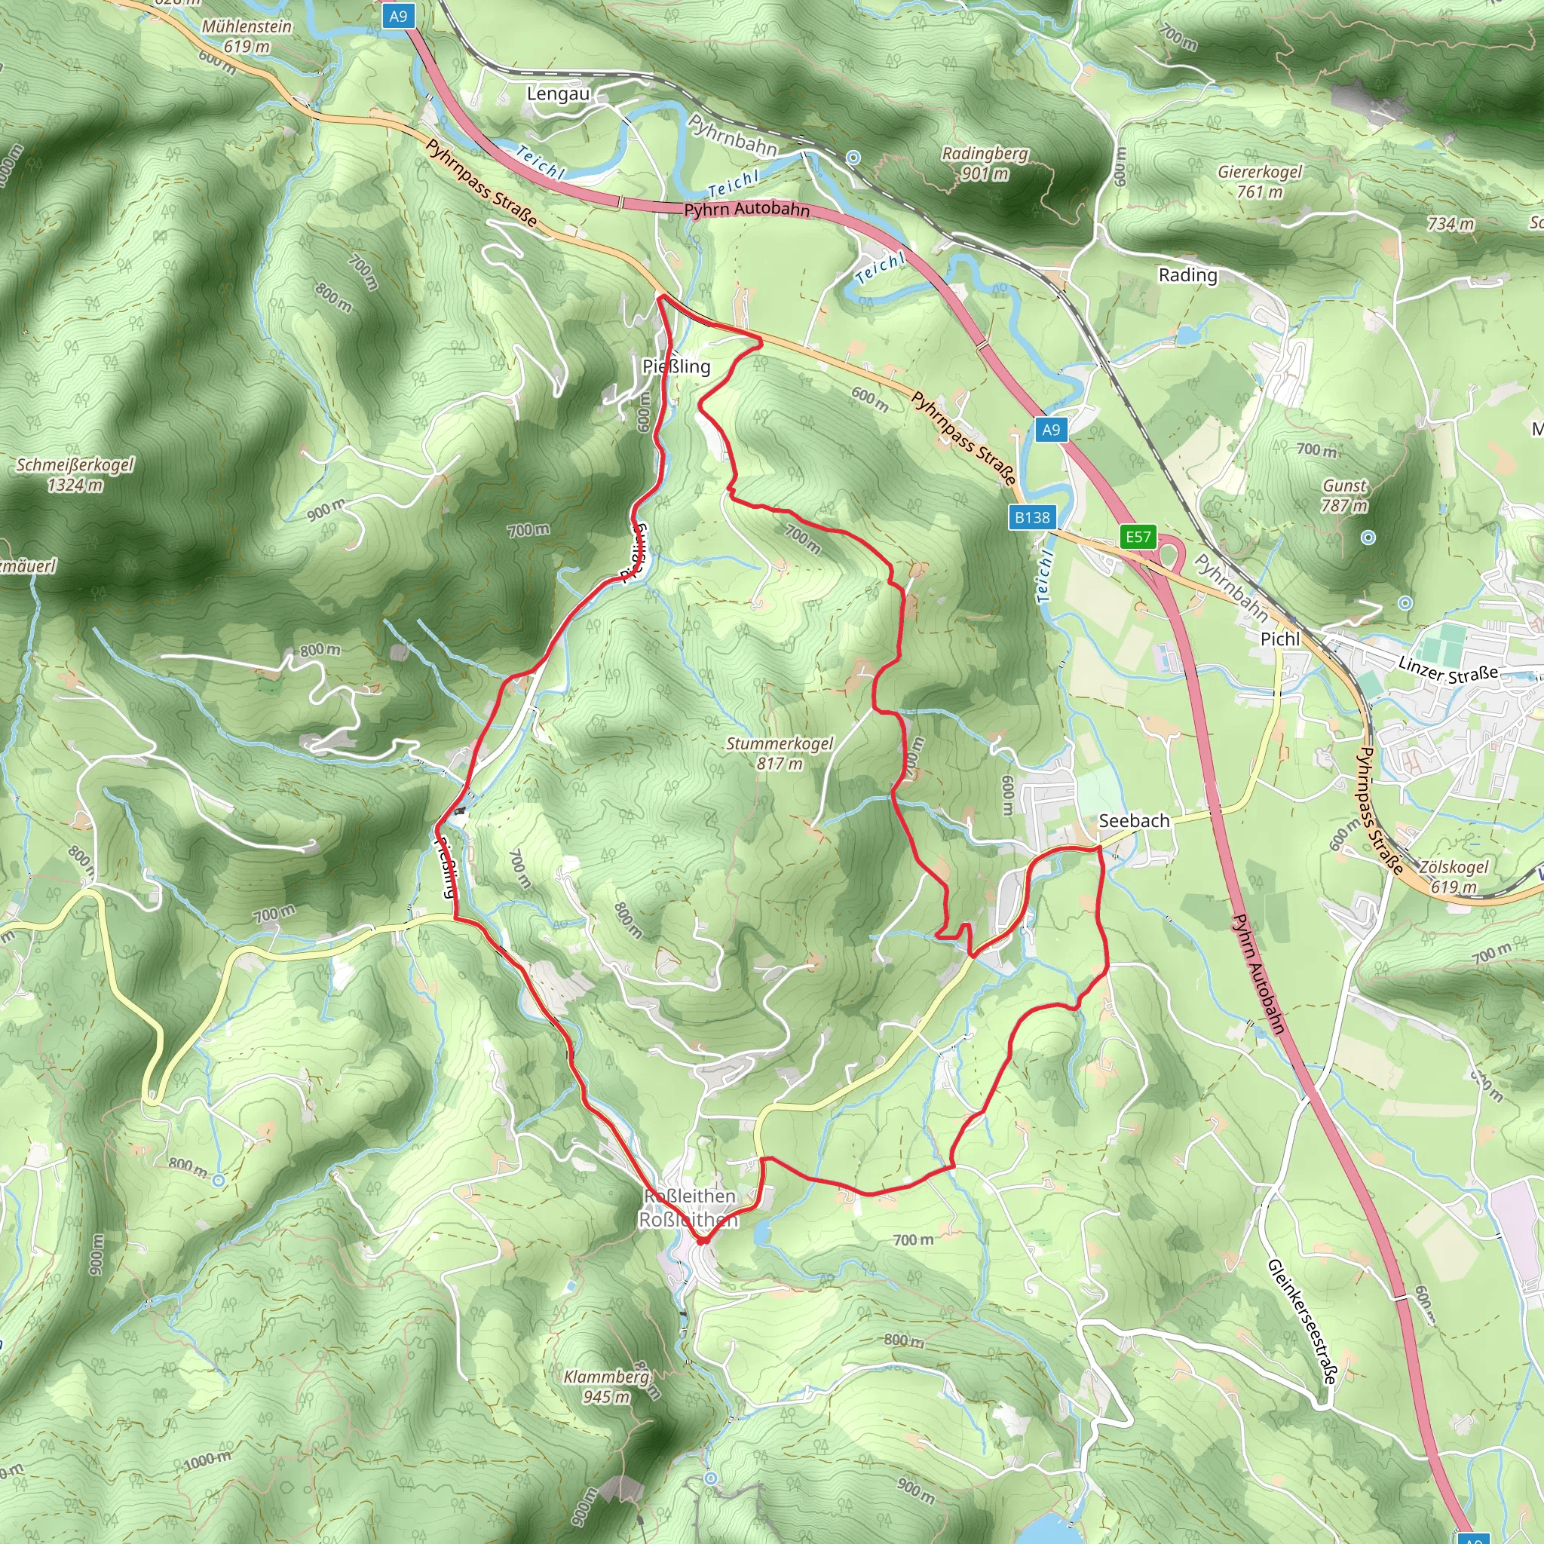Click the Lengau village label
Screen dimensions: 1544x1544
[558, 93]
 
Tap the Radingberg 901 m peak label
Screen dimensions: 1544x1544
[985, 163]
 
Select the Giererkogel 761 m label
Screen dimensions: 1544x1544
[1260, 182]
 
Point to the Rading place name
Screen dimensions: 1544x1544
[1187, 275]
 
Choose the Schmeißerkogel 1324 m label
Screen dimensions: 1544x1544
[75, 475]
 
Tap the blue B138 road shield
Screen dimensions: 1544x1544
[1032, 517]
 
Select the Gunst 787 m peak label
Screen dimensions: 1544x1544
[1344, 495]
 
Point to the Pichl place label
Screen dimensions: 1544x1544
[1279, 639]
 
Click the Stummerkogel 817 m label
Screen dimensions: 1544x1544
[780, 753]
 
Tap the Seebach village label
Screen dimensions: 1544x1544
[1133, 821]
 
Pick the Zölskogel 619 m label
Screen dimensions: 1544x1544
[1454, 877]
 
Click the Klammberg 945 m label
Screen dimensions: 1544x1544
[607, 1386]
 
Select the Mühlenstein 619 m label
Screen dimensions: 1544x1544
[246, 36]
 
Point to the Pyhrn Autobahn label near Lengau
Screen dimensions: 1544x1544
[746, 210]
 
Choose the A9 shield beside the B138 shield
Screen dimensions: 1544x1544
[1051, 429]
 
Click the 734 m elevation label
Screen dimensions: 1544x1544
[1451, 224]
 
